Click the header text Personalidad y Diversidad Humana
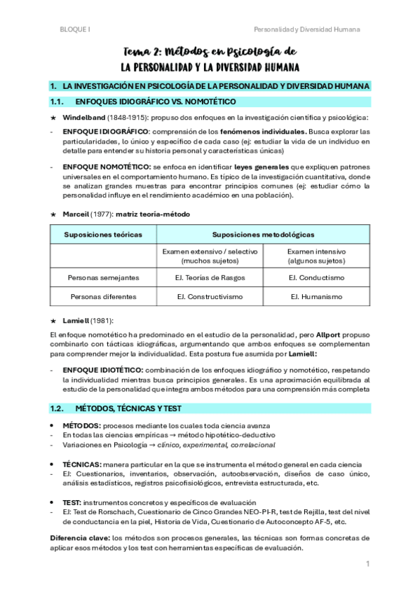[x=307, y=29]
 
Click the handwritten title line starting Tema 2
[x=210, y=52]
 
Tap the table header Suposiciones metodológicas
[x=263, y=234]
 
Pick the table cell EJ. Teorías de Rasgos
[x=209, y=277]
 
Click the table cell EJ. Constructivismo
[x=209, y=296]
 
